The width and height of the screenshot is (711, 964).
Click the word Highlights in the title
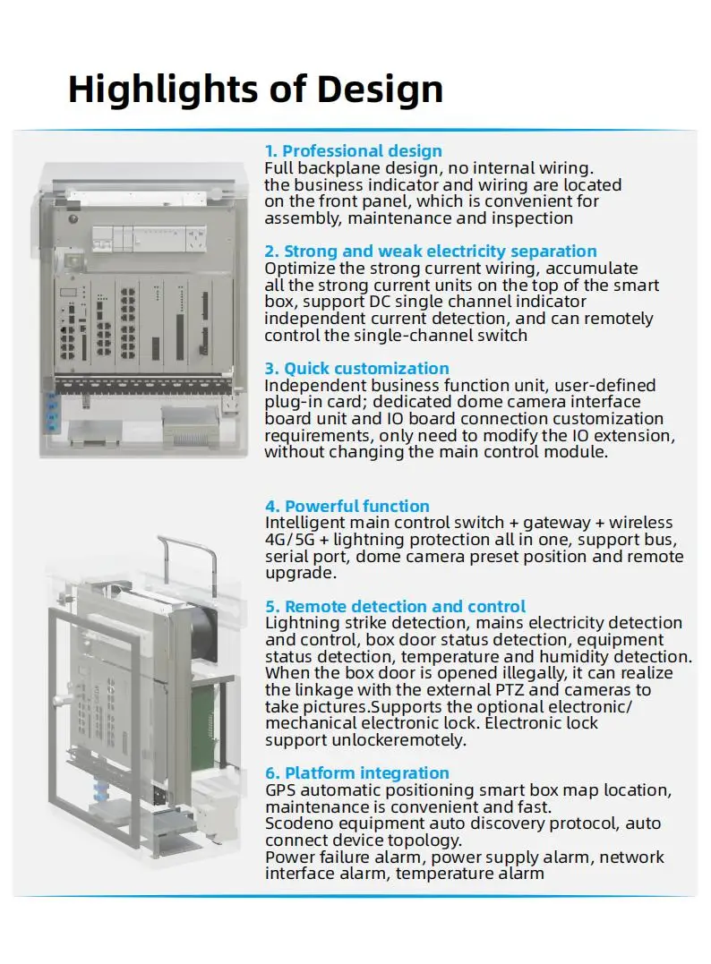[163, 90]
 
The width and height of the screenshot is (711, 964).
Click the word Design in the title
[380, 90]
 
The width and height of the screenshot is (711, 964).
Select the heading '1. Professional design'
[353, 150]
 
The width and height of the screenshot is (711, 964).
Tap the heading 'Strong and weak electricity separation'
[440, 251]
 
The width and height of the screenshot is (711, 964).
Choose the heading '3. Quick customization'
[356, 368]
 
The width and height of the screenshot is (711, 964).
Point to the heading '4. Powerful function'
[347, 506]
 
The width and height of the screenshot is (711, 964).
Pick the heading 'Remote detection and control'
[405, 606]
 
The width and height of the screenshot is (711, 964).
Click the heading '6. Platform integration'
[356, 772]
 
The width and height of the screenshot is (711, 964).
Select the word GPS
[280, 790]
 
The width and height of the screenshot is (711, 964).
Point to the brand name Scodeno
[297, 823]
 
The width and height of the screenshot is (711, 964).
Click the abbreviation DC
[379, 302]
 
